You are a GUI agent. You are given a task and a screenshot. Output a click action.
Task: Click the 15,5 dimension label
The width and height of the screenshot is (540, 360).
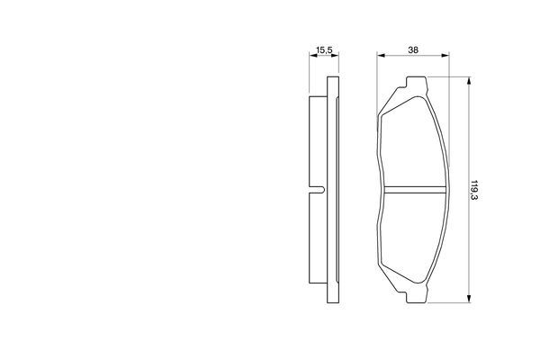click(324, 50)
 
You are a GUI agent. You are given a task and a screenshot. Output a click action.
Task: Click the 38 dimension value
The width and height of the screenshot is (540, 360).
click(413, 50)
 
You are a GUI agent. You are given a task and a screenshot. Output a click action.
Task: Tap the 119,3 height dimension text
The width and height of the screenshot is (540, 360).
click(475, 190)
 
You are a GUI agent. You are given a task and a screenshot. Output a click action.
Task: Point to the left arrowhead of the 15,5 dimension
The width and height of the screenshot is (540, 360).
click(313, 55)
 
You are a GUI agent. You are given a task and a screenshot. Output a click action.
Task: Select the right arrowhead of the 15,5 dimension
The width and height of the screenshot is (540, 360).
click(335, 55)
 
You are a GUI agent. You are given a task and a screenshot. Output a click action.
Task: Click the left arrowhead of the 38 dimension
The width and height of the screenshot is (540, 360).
click(381, 55)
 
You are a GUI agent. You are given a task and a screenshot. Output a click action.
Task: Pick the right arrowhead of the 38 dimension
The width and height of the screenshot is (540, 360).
click(445, 55)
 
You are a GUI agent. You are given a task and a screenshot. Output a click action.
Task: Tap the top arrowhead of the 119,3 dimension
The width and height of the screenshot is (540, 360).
click(468, 81)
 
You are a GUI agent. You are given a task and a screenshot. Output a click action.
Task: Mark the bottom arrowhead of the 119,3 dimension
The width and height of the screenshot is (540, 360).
click(468, 298)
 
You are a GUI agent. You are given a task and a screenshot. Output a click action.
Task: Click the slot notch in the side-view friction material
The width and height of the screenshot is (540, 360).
click(318, 190)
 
